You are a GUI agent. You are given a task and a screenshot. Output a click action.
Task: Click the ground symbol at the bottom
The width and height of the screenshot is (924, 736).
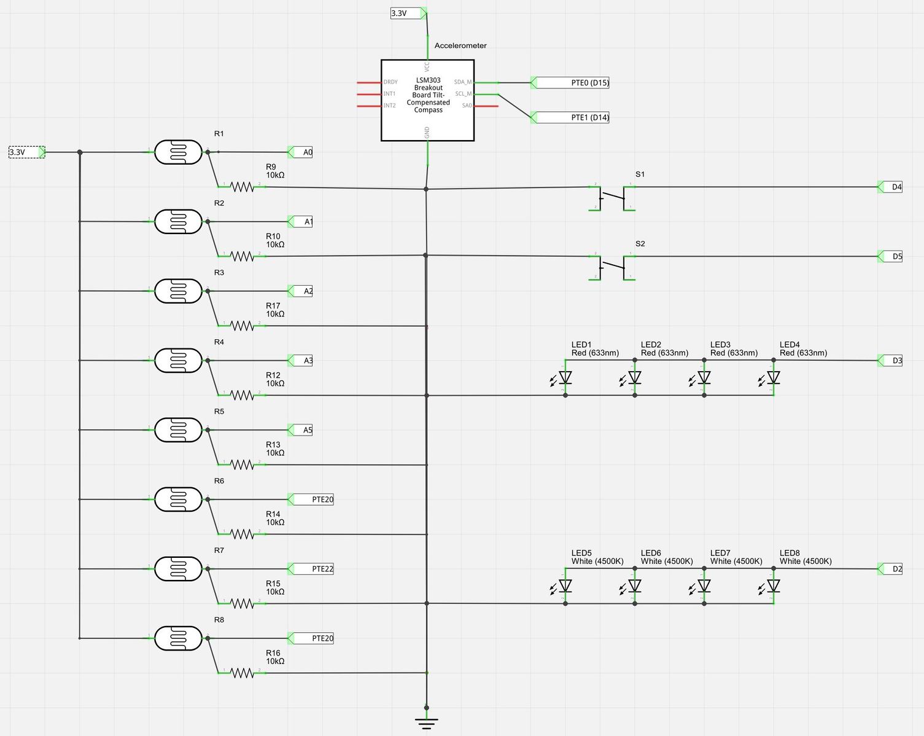click(x=426, y=722)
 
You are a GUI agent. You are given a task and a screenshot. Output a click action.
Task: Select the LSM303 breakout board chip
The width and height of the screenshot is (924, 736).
click(x=427, y=100)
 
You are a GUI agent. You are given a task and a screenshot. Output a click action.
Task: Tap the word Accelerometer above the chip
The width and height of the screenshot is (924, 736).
click(x=460, y=45)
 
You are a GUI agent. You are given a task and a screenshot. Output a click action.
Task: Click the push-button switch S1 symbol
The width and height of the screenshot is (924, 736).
click(x=612, y=197)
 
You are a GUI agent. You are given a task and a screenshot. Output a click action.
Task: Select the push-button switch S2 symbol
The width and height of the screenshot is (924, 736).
click(x=612, y=267)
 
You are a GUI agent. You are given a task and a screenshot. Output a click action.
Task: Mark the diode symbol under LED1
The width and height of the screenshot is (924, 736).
click(x=565, y=378)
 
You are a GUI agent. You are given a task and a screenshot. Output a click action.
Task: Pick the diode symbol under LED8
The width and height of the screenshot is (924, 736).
click(x=773, y=586)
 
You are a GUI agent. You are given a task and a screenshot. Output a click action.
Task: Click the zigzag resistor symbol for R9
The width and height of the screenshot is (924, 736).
click(x=243, y=186)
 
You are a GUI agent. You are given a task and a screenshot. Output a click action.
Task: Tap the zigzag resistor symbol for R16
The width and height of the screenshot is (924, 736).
click(x=243, y=673)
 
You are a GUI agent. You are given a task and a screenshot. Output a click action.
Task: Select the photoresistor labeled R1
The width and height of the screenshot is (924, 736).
click(x=178, y=152)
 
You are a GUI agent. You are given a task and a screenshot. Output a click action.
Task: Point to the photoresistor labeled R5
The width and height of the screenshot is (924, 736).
click(x=178, y=430)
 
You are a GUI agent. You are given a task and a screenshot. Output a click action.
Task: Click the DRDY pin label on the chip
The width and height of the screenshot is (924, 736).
click(x=390, y=82)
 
